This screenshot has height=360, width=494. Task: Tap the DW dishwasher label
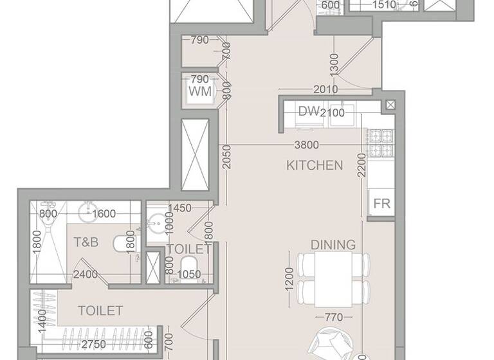point(309,111)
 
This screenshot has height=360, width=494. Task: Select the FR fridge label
point(382,204)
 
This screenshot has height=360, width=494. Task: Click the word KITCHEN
point(315,165)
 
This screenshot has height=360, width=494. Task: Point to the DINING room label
point(333,245)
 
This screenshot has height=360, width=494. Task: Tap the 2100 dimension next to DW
point(333,113)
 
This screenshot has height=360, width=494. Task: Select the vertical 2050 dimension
point(226,157)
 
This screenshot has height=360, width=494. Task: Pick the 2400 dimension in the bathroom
point(85,274)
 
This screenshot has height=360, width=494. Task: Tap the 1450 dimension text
point(181,208)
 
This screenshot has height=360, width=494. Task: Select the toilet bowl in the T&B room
point(123,244)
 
